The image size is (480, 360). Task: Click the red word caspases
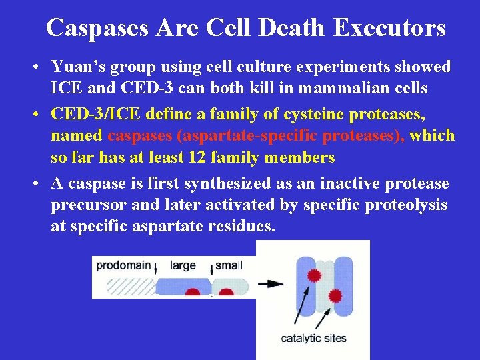click(x=139, y=136)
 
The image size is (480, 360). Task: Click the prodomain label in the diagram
click(x=123, y=265)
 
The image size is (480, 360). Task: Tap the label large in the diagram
click(x=183, y=265)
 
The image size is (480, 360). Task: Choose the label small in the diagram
click(x=229, y=265)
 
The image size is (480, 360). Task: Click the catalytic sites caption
click(x=313, y=338)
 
